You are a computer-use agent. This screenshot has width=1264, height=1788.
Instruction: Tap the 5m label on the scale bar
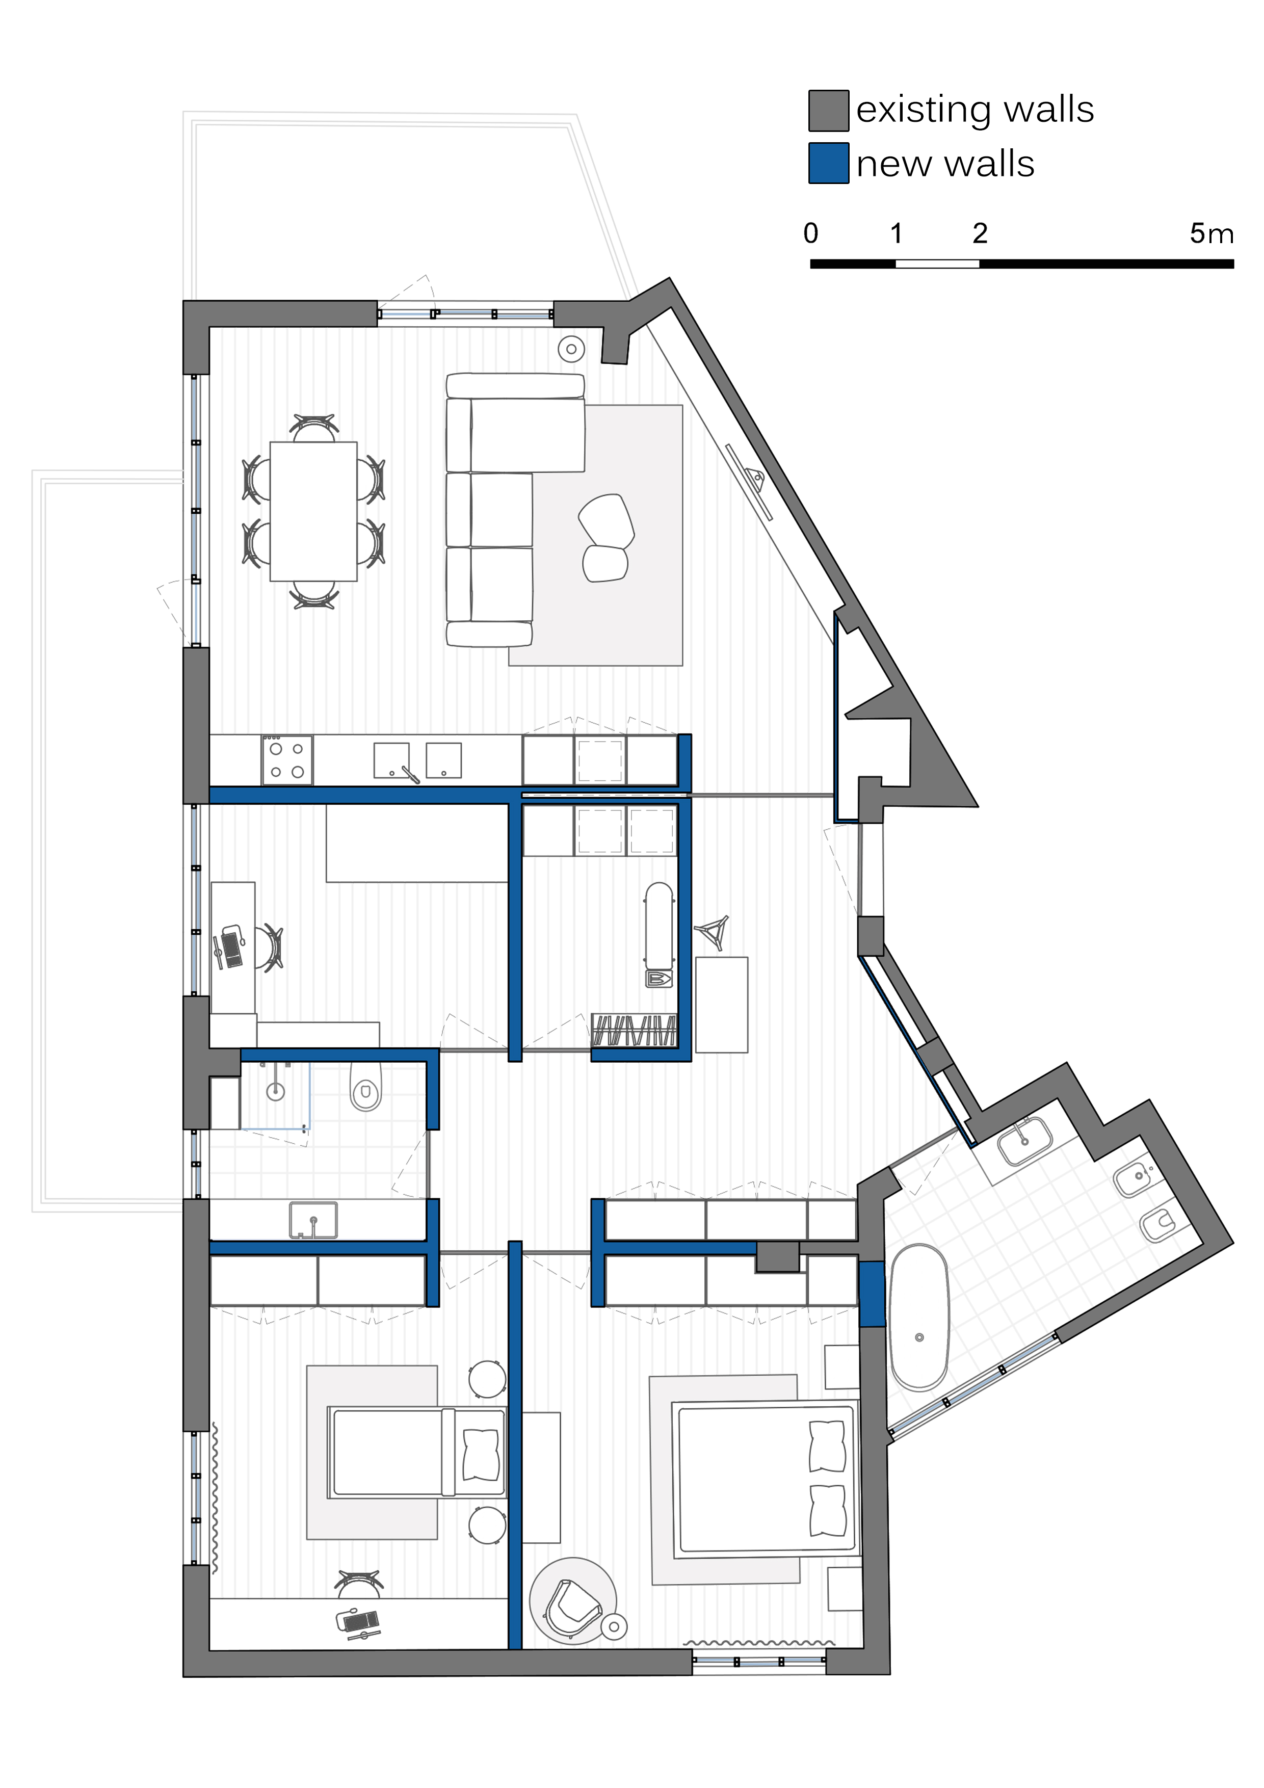click(x=1211, y=233)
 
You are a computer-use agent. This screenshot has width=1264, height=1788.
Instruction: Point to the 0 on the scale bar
click(x=811, y=233)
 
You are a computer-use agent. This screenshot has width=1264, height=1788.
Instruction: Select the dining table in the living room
click(x=313, y=512)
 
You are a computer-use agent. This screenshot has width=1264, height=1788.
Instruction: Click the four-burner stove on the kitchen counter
click(x=286, y=760)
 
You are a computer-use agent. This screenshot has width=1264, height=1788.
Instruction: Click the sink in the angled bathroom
click(x=1025, y=1141)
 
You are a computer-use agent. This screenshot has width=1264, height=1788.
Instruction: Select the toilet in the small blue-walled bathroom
click(x=365, y=1086)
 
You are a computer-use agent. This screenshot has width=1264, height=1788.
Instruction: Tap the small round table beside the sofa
click(x=572, y=349)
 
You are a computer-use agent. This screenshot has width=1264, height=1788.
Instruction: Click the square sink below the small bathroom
click(x=313, y=1220)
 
